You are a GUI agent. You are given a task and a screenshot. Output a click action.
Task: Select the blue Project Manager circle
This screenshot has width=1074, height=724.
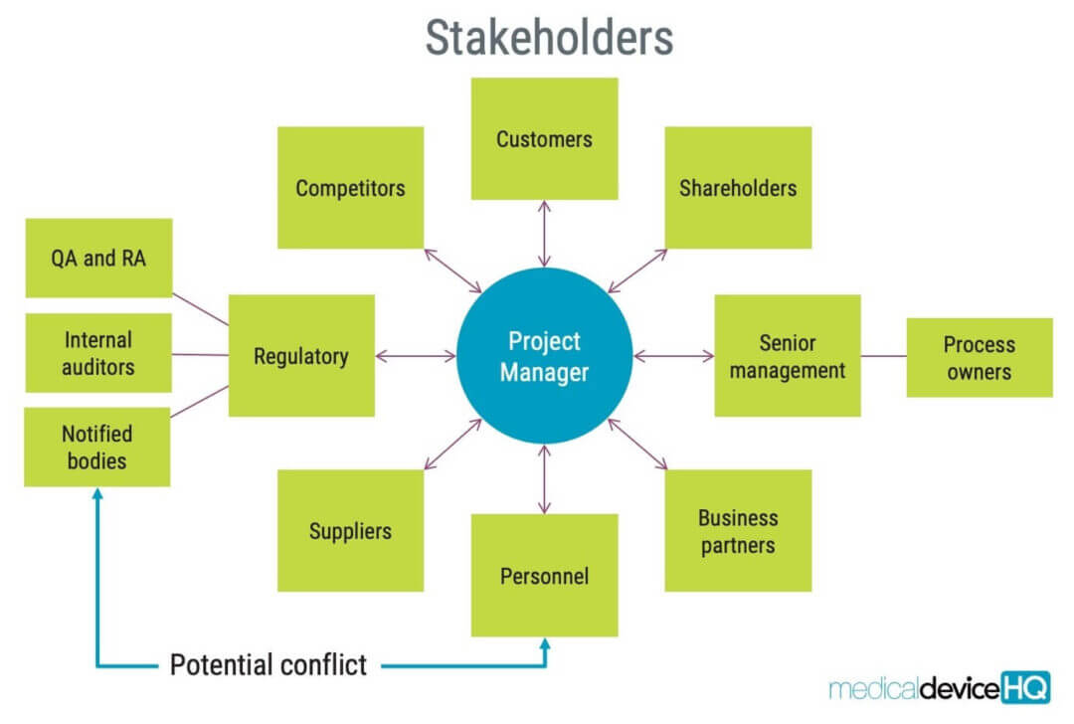(x=545, y=355)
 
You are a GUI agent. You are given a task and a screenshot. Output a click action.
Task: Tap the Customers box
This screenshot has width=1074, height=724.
(x=545, y=139)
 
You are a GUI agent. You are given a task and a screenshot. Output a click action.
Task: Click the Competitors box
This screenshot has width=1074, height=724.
(x=351, y=188)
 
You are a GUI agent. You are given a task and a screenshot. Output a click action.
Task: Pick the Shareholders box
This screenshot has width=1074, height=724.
(x=738, y=188)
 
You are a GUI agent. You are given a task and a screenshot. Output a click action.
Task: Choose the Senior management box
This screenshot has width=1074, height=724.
(x=788, y=355)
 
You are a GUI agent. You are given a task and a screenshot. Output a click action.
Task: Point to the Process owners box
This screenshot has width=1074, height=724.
(x=980, y=358)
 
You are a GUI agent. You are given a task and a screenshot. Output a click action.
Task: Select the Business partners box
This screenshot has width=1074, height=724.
(x=738, y=531)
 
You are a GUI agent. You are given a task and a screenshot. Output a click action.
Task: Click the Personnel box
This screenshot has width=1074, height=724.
(x=545, y=576)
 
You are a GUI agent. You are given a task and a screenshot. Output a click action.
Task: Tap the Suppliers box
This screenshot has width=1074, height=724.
(x=351, y=531)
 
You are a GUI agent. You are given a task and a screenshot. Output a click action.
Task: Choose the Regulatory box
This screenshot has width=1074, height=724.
(x=301, y=355)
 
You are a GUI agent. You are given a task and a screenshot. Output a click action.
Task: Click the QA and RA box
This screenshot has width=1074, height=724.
(x=98, y=259)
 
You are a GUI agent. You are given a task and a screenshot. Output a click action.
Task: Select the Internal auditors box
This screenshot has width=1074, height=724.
(x=98, y=353)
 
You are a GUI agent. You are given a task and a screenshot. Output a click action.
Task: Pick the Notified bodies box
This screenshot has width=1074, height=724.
(x=97, y=448)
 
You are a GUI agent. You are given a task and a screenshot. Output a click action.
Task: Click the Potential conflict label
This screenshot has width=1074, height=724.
(x=268, y=665)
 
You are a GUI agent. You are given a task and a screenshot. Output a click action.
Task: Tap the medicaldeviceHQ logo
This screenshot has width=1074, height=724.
(x=939, y=687)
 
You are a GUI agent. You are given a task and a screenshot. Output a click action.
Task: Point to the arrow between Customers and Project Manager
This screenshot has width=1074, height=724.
(x=545, y=234)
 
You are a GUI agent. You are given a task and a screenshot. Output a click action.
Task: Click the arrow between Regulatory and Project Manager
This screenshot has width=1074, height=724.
(x=416, y=355)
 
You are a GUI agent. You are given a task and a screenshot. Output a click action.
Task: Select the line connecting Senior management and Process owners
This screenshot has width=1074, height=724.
(x=884, y=356)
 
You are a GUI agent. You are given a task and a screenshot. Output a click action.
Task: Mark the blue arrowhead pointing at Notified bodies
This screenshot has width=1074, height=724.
(x=97, y=493)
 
